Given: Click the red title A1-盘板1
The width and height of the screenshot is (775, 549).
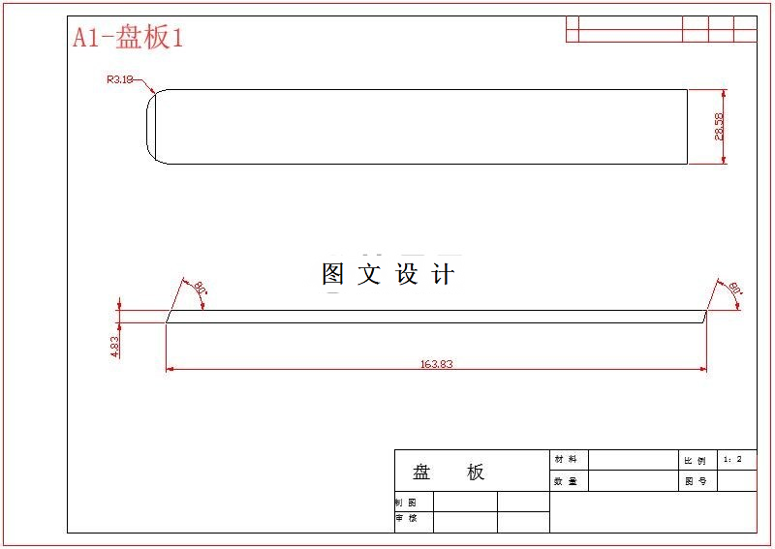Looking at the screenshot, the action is pos(128,38).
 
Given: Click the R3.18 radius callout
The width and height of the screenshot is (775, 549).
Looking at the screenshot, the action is pos(119,80).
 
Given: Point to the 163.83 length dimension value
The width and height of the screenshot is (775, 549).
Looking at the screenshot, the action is pos(437,364).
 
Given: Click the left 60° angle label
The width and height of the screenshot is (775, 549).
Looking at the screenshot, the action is pos(200,288).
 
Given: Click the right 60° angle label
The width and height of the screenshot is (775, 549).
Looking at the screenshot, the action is pos(734,288).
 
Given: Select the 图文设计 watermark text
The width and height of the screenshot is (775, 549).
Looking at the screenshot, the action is pos(387,274).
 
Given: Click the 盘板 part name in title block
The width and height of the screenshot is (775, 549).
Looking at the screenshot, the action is pos(449,473).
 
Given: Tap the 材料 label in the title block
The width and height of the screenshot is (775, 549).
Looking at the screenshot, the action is pos(565,459).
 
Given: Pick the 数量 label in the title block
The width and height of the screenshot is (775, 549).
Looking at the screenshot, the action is pos(565,481).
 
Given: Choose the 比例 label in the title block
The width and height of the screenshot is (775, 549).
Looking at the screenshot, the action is pos(695,460).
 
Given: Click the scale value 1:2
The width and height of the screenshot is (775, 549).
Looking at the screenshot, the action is pos(732,459).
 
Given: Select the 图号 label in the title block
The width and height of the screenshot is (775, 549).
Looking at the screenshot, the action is pos(695,481).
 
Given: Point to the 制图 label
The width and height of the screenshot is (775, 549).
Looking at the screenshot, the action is pos(405,503).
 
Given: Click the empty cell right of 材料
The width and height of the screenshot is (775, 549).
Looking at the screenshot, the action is pos(632,459).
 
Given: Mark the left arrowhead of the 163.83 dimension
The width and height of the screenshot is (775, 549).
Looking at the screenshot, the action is pos(170,369).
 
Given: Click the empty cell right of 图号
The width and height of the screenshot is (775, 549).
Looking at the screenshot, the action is pos(736,481).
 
